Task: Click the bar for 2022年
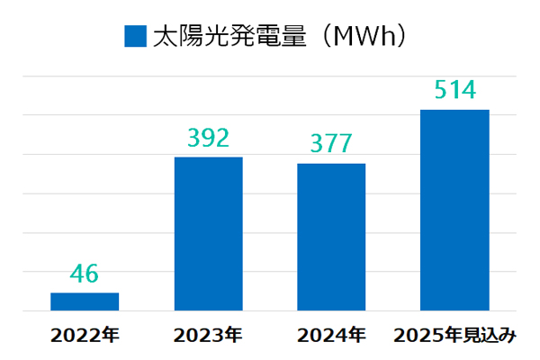[85, 301]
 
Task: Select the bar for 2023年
[208, 234]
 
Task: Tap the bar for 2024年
[331, 237]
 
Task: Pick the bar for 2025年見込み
[454, 211]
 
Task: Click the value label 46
[85, 274]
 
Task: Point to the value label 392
[208, 138]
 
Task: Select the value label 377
[331, 144]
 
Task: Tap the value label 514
[454, 91]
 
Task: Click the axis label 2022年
[85, 336]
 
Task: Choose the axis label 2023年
[208, 336]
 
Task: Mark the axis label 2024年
[331, 336]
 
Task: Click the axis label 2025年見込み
[454, 336]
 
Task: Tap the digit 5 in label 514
[438, 91]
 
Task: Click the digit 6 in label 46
[94, 274]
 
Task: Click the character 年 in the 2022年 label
[109, 336]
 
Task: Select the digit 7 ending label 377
[347, 144]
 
